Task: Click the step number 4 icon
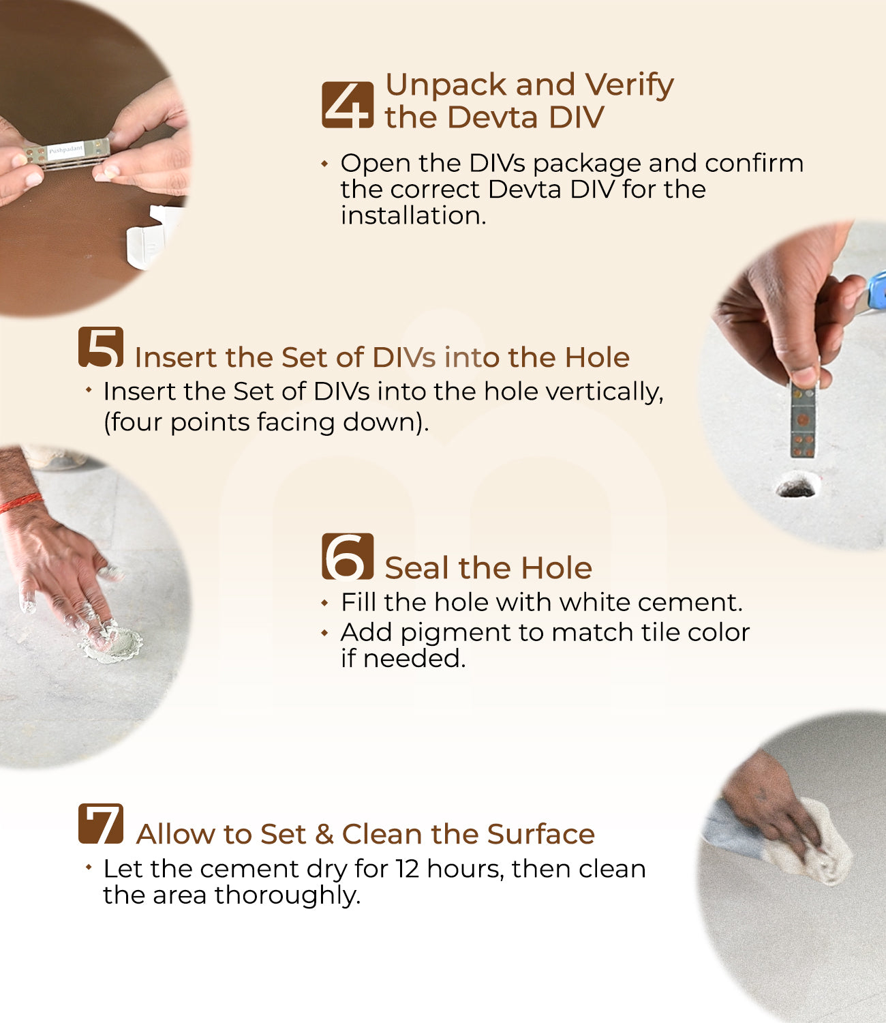click(x=348, y=105)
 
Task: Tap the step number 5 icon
click(x=101, y=347)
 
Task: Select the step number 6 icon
click(x=348, y=557)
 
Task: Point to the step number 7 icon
click(x=101, y=824)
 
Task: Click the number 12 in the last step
click(x=408, y=869)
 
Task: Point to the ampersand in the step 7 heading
click(x=324, y=835)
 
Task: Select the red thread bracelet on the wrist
click(x=20, y=503)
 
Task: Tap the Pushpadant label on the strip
click(x=65, y=150)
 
